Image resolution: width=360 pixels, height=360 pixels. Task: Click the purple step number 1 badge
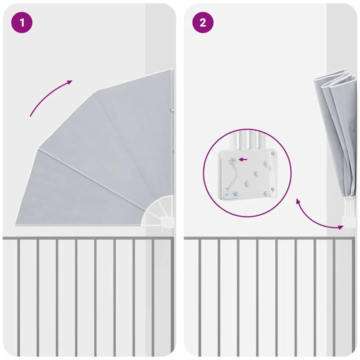(x=22, y=22)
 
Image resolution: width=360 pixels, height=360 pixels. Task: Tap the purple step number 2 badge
(x=202, y=22)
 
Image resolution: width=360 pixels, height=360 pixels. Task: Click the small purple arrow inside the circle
(x=243, y=159)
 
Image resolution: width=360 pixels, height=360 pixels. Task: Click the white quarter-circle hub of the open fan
(x=158, y=211)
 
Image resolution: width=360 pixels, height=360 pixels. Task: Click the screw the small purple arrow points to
(x=233, y=159)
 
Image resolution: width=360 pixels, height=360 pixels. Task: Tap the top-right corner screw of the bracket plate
(x=273, y=153)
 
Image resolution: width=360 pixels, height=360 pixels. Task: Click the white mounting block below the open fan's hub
(x=167, y=222)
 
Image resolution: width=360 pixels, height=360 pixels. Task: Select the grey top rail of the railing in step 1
(x=88, y=238)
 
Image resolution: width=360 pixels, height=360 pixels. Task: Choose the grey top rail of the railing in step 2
(x=269, y=238)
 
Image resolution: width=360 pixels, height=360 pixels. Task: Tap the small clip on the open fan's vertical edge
(x=171, y=110)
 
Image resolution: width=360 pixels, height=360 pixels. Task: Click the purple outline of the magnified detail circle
(x=203, y=173)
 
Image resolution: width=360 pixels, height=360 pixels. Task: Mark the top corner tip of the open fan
(x=172, y=69)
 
